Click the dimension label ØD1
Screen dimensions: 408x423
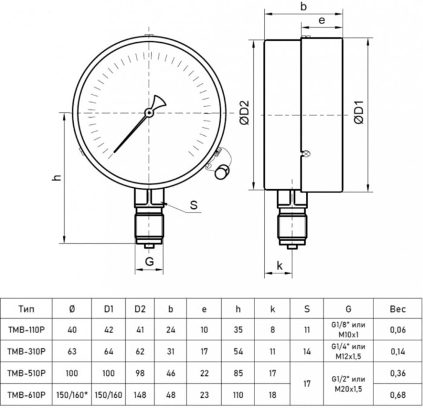pyautogui.click(x=358, y=113)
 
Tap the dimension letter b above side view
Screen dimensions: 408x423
pyautogui.click(x=303, y=7)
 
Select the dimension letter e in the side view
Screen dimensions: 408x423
pyautogui.click(x=321, y=21)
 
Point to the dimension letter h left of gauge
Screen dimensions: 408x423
pyautogui.click(x=56, y=177)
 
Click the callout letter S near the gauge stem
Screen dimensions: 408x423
pyautogui.click(x=194, y=205)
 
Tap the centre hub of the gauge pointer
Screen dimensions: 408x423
pyautogui.click(x=149, y=112)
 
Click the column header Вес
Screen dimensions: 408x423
pyautogui.click(x=396, y=309)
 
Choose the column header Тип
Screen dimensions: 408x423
pyautogui.click(x=26, y=309)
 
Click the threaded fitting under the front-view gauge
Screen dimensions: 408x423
pyautogui.click(x=149, y=223)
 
